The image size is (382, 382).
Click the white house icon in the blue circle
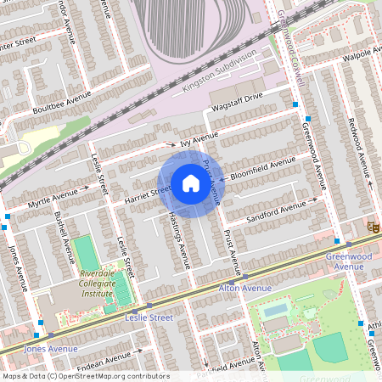[191, 183]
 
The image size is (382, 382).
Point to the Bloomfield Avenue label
[263, 163]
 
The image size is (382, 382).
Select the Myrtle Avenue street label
[52, 199]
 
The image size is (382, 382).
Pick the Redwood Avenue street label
[360, 139]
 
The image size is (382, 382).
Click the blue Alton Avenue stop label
[245, 289]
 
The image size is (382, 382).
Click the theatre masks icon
[371, 226]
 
